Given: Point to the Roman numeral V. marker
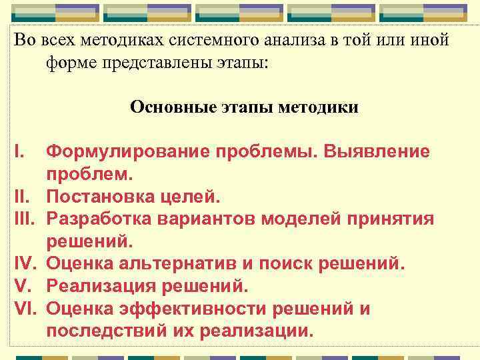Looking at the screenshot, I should tap(24, 287).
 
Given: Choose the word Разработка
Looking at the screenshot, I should tap(101, 219).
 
